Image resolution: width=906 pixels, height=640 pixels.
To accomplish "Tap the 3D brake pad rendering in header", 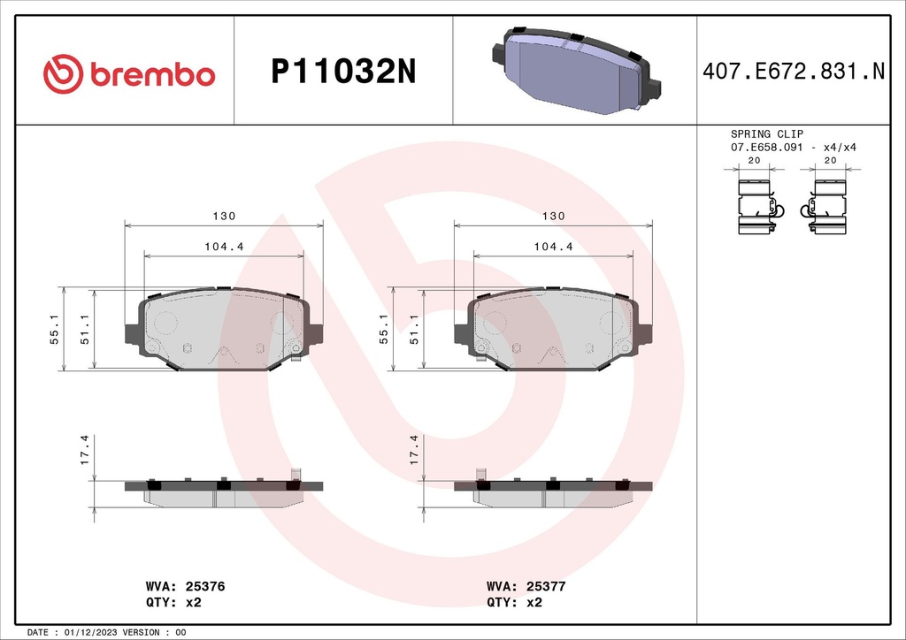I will (x=576, y=71).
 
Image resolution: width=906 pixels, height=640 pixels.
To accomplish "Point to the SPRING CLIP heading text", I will (x=766, y=134).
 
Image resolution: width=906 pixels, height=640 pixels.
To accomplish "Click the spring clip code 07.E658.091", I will (x=766, y=148).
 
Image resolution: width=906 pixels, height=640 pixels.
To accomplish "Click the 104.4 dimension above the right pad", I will (x=553, y=248).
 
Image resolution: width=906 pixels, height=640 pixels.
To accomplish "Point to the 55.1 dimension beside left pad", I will (x=54, y=328).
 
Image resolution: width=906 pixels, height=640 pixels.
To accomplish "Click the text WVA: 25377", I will (x=526, y=586).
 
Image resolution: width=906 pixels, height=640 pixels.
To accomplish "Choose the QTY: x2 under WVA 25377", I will (x=514, y=602).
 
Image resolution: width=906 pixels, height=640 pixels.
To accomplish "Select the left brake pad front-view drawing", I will (x=224, y=330).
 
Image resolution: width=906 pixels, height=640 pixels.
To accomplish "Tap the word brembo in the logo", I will (x=151, y=75).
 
